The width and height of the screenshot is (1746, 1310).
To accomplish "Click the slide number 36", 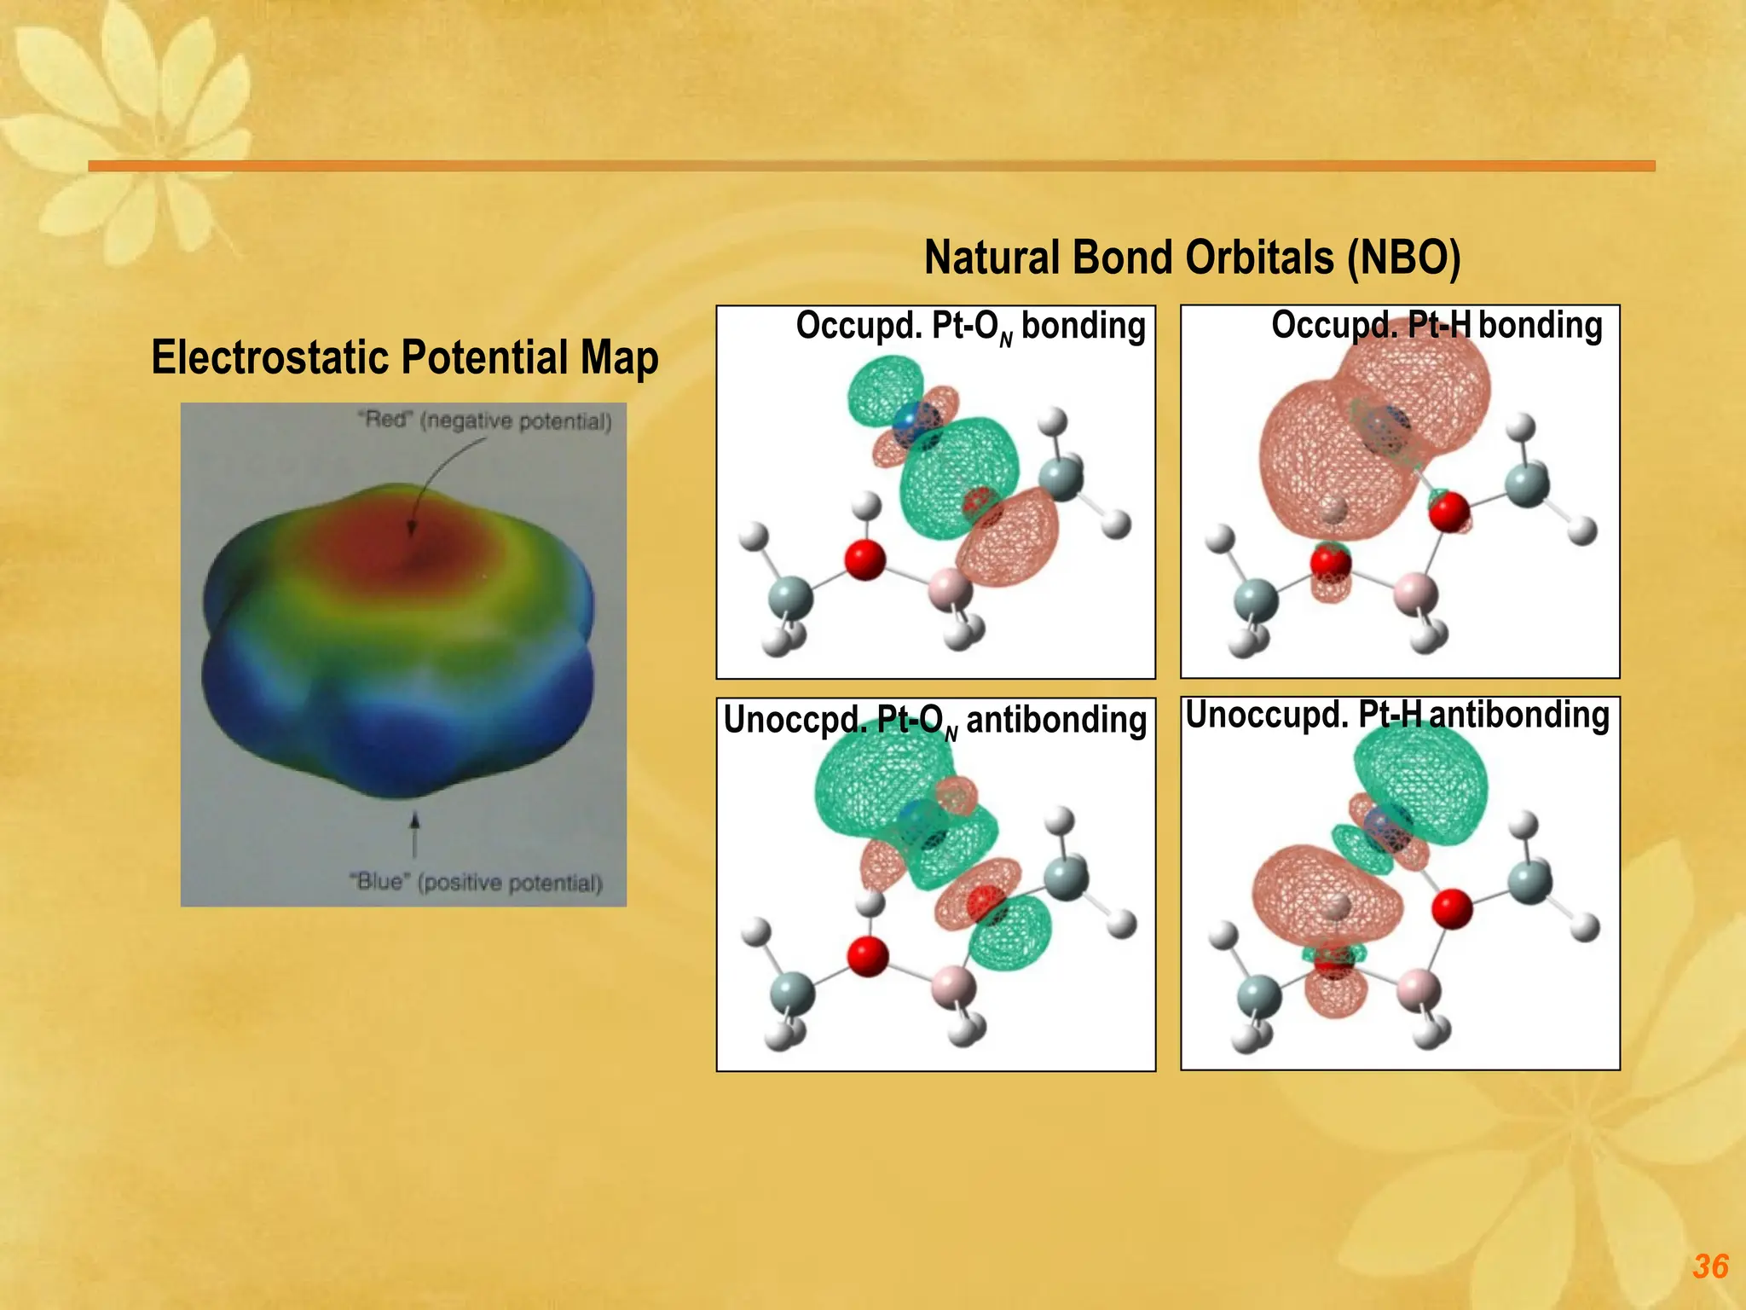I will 1709,1267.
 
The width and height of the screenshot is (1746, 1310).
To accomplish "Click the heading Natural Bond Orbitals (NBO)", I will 1192,258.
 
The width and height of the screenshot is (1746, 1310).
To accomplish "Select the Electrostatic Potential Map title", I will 404,357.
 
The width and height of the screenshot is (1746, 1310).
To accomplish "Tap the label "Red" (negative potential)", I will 484,420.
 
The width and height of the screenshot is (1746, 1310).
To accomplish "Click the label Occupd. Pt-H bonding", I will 1436,326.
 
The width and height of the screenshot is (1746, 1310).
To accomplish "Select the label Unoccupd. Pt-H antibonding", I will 1396,715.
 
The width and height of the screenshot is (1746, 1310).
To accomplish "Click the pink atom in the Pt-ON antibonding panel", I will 952,986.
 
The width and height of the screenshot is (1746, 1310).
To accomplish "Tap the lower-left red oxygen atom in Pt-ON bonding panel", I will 864,559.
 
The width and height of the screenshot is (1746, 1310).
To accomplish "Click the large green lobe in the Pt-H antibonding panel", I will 1422,785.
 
